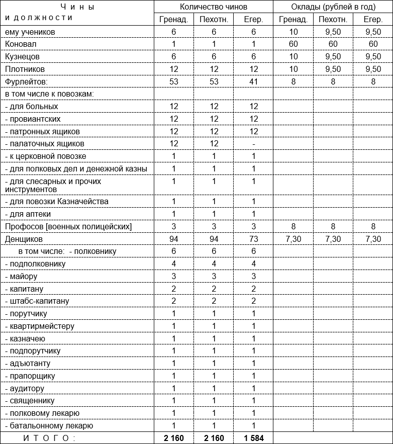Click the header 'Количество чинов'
click(214, 7)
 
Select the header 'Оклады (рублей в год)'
click(333, 7)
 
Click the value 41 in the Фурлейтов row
click(254, 81)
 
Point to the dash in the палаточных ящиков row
click(254, 144)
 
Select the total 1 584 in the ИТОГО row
click(254, 438)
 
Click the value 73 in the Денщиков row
click(254, 239)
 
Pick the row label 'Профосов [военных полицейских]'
click(68, 227)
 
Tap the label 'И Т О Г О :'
click(49, 438)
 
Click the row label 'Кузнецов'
click(22, 57)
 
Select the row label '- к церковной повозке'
click(45, 156)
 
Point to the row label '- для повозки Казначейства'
click(56, 202)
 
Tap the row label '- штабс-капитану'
click(36, 301)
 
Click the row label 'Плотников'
click(25, 69)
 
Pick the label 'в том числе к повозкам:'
click(49, 94)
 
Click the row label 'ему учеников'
click(30, 32)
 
